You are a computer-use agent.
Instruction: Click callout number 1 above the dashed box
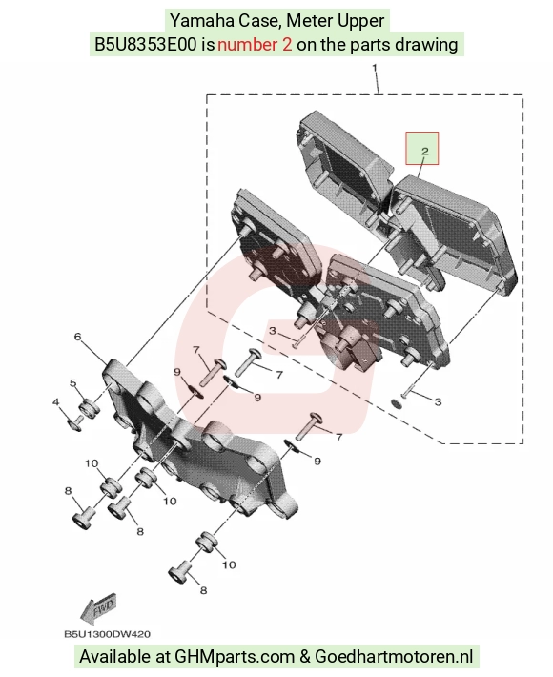[x=375, y=68]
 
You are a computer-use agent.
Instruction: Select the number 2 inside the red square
[x=425, y=151]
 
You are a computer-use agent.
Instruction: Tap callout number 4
[x=55, y=402]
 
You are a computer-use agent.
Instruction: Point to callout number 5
[x=73, y=382]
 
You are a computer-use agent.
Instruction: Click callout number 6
[x=77, y=337]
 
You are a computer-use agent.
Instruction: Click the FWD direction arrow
[x=98, y=608]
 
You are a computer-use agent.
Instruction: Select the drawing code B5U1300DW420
[x=108, y=634]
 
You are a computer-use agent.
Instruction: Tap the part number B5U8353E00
[x=146, y=45]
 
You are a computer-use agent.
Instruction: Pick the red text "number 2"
[x=255, y=45]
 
